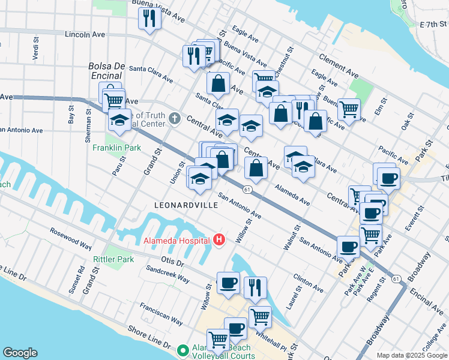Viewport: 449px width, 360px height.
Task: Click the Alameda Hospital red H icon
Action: point(218,240)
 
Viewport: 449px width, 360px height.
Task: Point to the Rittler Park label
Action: point(113,259)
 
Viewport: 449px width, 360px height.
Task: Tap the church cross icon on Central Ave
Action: point(175,118)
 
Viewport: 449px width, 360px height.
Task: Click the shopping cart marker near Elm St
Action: point(349,109)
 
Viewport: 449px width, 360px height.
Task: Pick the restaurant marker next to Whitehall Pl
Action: point(255,287)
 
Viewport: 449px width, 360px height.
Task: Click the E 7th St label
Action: point(433,25)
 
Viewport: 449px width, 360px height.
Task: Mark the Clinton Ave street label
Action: point(308,284)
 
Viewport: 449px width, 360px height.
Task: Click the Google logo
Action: point(20,353)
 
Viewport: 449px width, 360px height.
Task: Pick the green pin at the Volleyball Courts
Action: point(184,349)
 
